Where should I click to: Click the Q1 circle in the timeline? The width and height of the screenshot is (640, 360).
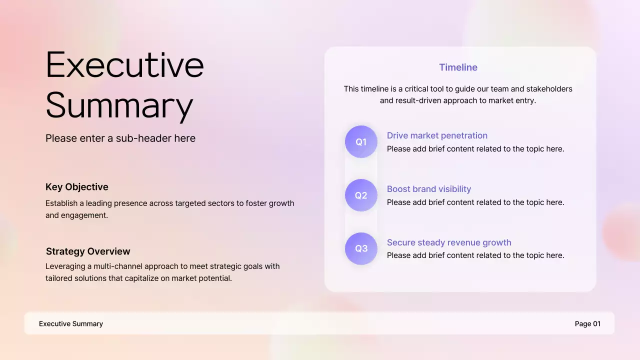tap(361, 142)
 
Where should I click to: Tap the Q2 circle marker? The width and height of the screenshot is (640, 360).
tap(361, 195)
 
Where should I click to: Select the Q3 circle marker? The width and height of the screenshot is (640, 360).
tap(361, 248)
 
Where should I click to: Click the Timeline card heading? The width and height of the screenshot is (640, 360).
tap(458, 67)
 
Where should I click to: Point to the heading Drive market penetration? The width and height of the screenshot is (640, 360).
tap(437, 135)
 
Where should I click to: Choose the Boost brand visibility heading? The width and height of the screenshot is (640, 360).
tap(429, 189)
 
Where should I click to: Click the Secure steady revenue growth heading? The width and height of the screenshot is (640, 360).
tap(449, 242)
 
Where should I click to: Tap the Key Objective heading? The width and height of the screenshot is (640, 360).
tap(77, 187)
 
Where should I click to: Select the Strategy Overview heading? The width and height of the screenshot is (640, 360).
tap(88, 251)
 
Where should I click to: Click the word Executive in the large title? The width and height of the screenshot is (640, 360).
tap(125, 65)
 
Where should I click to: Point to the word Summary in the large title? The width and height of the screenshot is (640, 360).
tap(119, 105)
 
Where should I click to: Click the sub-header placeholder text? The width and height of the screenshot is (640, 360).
tap(120, 138)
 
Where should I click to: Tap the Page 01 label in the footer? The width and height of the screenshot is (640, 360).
tap(587, 324)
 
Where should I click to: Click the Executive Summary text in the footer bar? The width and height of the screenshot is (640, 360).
tap(71, 324)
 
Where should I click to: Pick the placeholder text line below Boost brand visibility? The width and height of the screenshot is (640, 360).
tap(475, 202)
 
